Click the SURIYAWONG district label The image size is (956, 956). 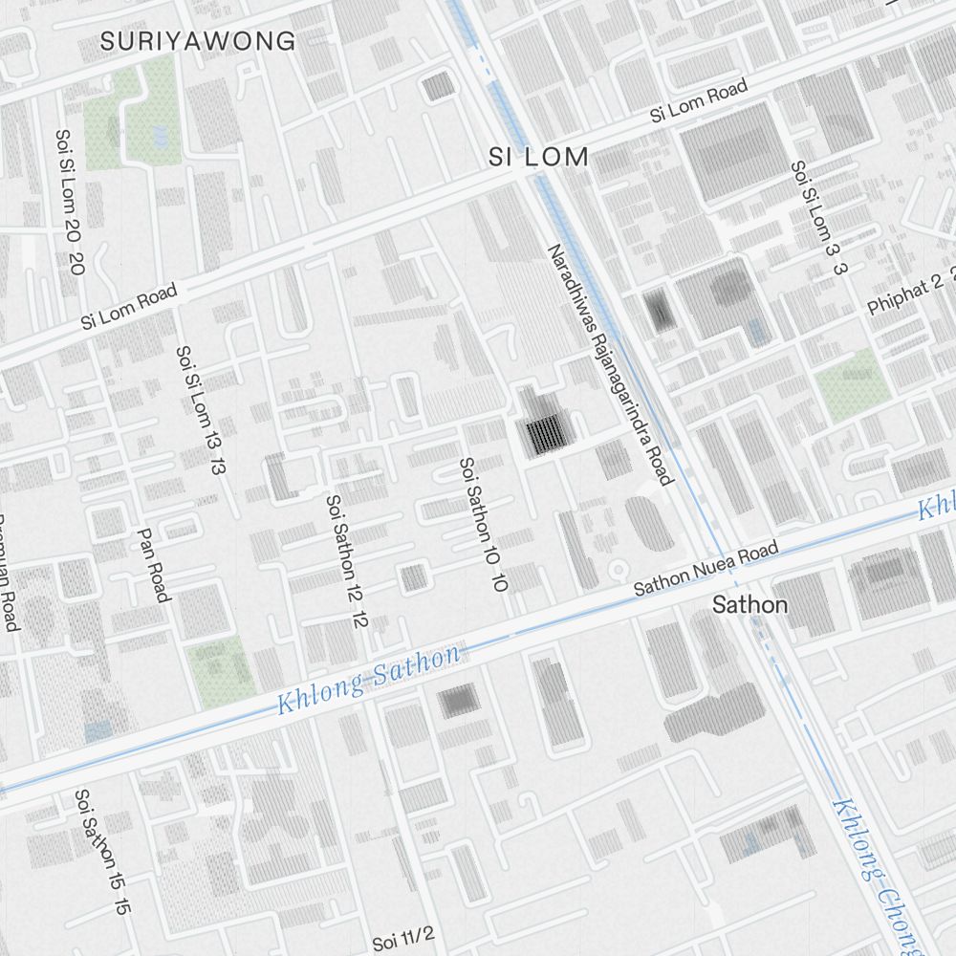(198, 41)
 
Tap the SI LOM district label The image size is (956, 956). (538, 158)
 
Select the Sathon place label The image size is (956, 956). (750, 604)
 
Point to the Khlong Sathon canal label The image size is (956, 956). (369, 681)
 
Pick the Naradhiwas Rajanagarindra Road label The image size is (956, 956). (611, 363)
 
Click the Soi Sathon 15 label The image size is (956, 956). (101, 852)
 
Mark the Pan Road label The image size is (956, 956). (153, 565)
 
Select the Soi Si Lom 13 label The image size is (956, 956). (201, 410)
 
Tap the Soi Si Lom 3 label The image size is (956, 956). (815, 217)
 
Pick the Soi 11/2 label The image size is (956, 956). (403, 938)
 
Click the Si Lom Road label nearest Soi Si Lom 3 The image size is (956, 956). (698, 101)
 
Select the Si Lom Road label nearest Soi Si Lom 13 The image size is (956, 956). (129, 309)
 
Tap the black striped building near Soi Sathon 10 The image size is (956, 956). (545, 434)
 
